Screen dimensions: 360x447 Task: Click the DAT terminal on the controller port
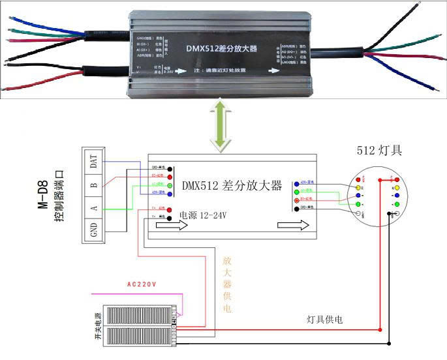94,163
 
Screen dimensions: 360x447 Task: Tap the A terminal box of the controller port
94,208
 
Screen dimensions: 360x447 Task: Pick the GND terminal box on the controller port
94,230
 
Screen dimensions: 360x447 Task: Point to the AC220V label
146,285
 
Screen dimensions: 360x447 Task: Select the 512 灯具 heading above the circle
379,150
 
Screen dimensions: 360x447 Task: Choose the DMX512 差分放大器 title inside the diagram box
232,186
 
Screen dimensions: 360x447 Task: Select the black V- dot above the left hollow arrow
170,218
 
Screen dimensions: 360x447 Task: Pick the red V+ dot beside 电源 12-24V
170,209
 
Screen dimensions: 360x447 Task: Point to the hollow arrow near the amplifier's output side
290,226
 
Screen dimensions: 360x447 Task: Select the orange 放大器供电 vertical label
226,284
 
